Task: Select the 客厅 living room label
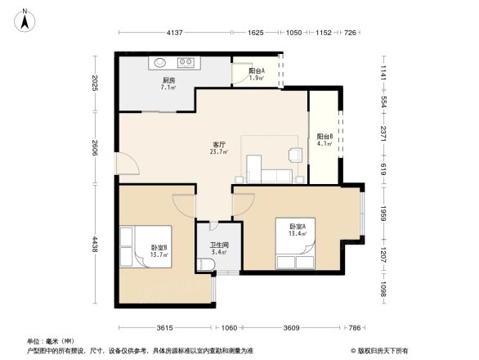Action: (218, 147)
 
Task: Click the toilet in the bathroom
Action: (204, 264)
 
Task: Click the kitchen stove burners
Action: (186, 61)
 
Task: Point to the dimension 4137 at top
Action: (173, 34)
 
